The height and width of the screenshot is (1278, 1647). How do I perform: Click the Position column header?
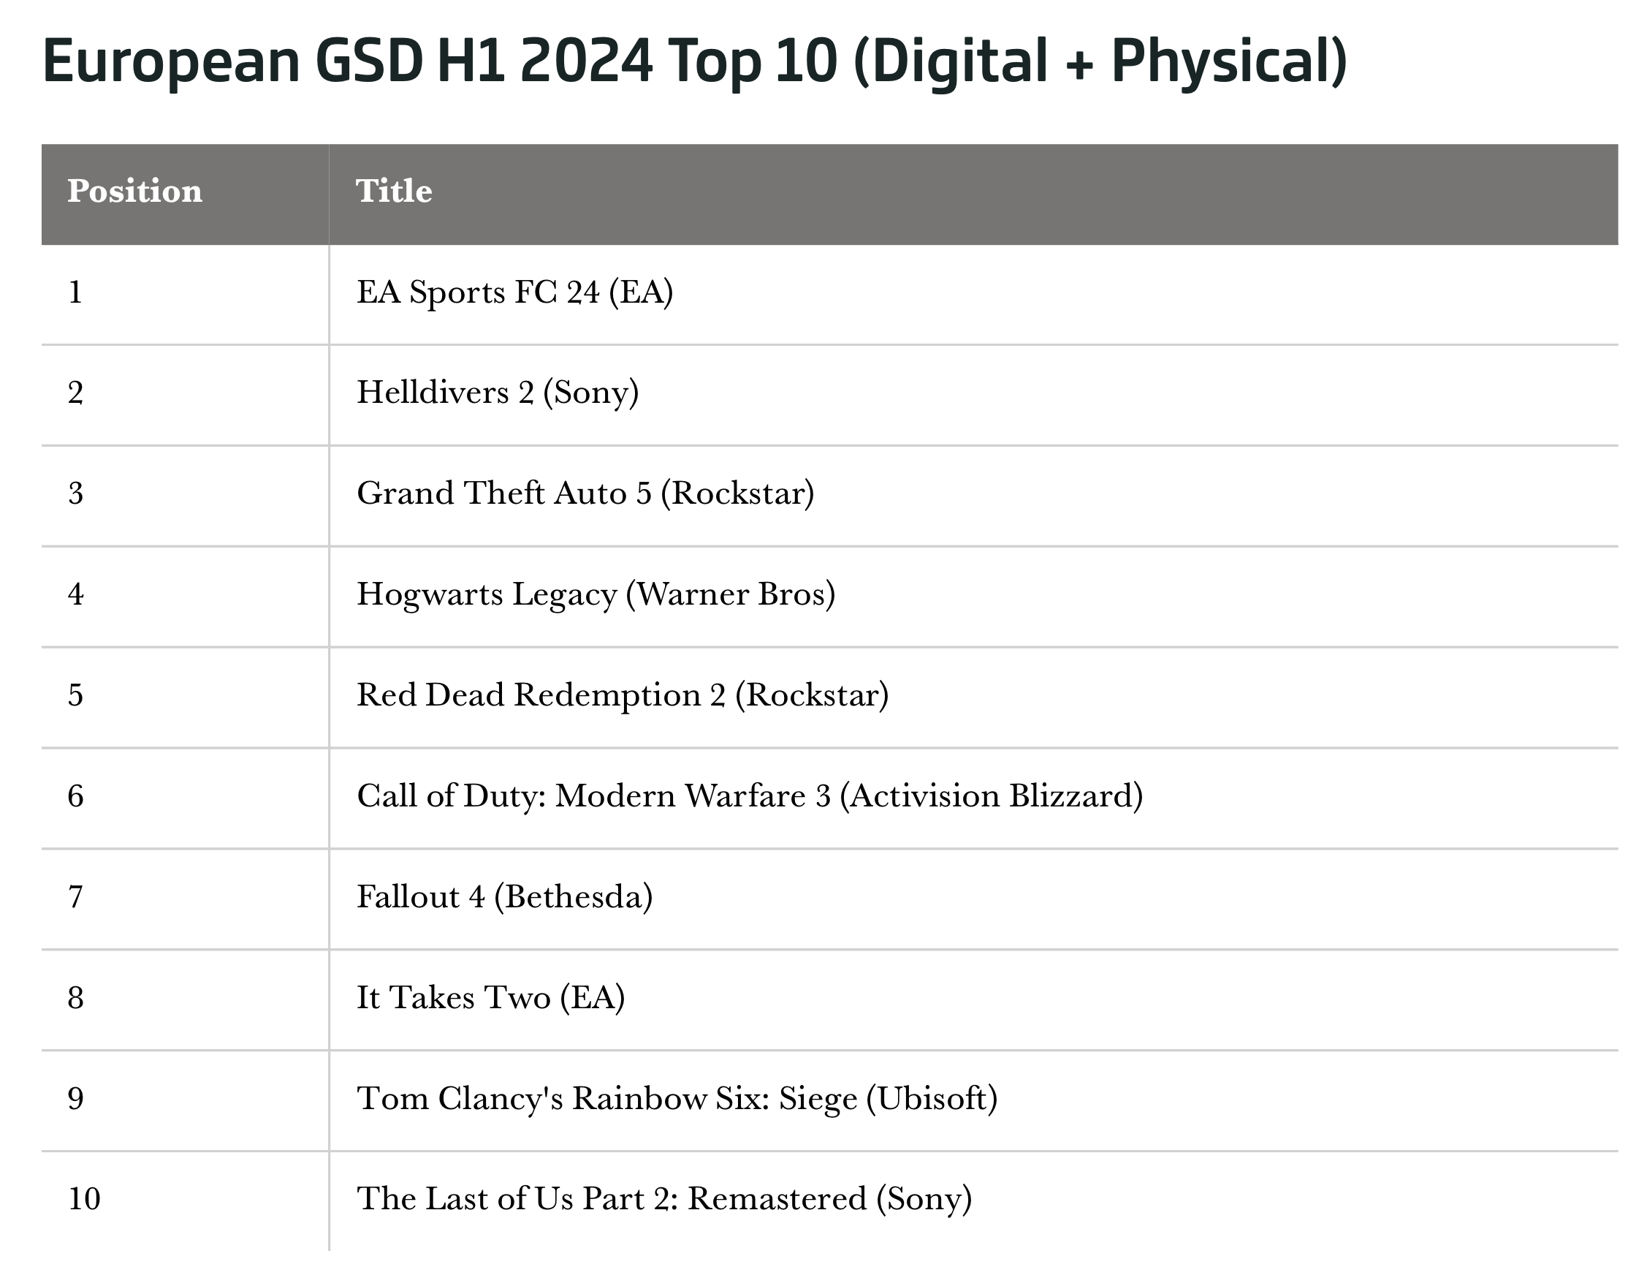coord(134,191)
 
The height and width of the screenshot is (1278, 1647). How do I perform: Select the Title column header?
coord(394,191)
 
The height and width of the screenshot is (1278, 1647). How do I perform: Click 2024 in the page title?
coord(586,61)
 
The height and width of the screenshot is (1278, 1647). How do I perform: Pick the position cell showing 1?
coord(75,292)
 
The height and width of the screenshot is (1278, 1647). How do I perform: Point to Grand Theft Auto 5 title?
coord(503,494)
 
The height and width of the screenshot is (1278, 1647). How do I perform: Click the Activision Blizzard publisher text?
coord(991,796)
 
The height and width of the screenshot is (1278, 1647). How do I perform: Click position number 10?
coord(84,1199)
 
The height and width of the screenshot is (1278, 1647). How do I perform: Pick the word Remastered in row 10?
coord(777,1199)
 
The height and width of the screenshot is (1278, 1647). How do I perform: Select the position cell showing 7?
coord(75,897)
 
